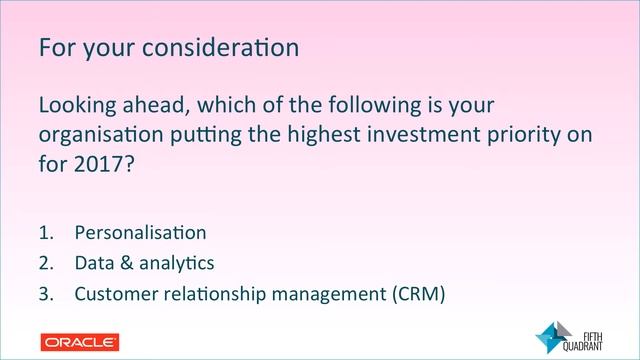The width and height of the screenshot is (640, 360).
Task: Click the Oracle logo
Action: tap(80, 342)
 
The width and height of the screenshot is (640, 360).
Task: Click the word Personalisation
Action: tap(140, 233)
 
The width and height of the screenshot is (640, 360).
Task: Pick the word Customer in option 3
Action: tap(113, 294)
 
